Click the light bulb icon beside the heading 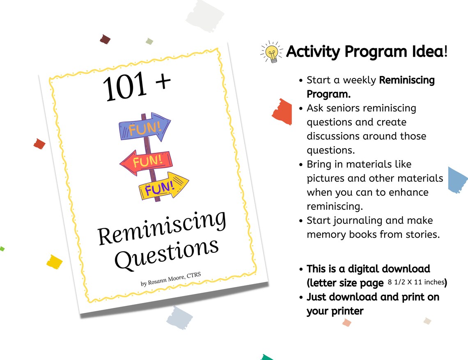pyautogui.click(x=272, y=52)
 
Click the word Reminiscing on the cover pyautogui.click(x=162, y=228)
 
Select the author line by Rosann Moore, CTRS pyautogui.click(x=171, y=280)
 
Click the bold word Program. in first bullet pyautogui.click(x=328, y=94)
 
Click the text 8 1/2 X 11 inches pyautogui.click(x=416, y=282)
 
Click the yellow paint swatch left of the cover pyautogui.click(x=54, y=261)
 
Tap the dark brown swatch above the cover pyautogui.click(x=105, y=39)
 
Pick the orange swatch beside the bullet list pyautogui.click(x=282, y=112)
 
